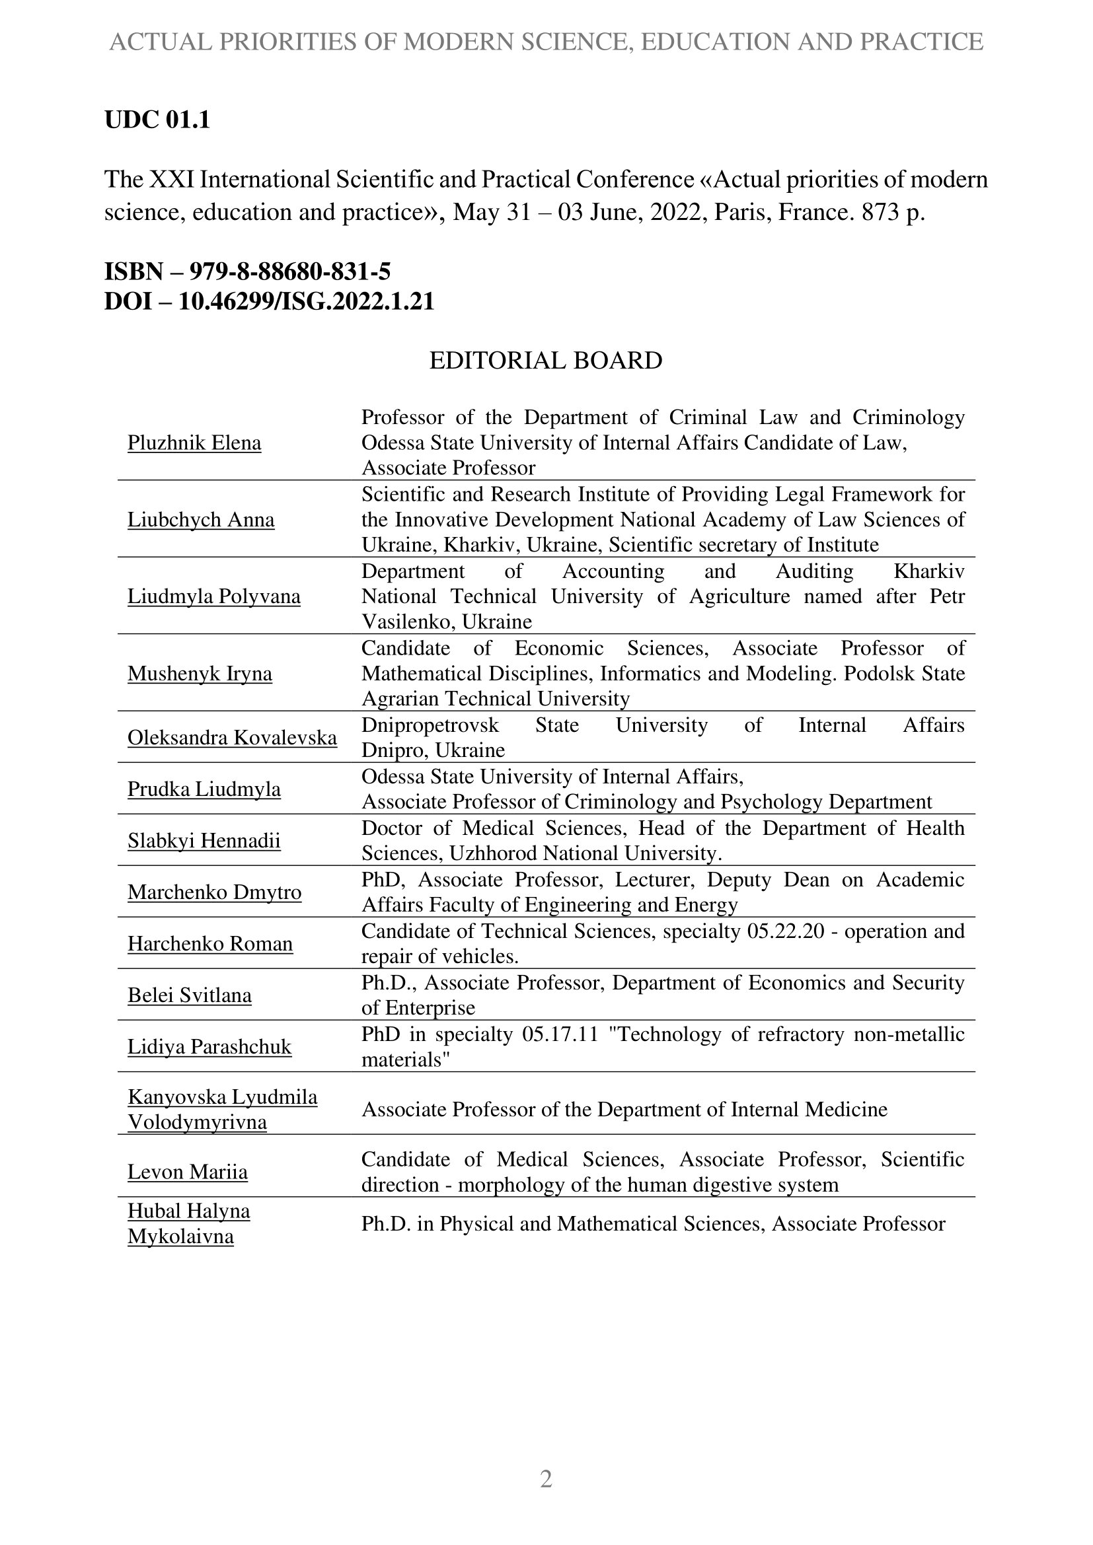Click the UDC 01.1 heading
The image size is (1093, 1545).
(x=157, y=120)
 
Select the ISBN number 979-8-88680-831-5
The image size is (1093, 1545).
(x=289, y=272)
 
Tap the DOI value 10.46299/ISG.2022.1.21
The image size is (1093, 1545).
(x=306, y=301)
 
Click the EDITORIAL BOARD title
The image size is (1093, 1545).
(x=546, y=361)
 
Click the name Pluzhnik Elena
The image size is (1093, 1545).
(x=194, y=443)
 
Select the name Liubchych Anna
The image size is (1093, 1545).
(x=202, y=519)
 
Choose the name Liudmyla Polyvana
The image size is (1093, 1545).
(x=214, y=596)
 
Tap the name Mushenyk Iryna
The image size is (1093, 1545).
(x=200, y=673)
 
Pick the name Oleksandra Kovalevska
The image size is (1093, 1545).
(x=232, y=738)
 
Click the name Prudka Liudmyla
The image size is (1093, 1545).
(x=204, y=789)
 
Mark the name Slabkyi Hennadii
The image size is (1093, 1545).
(x=204, y=840)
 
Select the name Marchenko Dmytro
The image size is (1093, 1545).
(x=215, y=892)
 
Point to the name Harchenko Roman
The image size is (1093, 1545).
(x=210, y=943)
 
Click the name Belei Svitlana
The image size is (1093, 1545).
(x=190, y=995)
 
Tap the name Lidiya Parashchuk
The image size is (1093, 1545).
(x=209, y=1046)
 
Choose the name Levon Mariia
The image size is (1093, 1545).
(x=188, y=1172)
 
